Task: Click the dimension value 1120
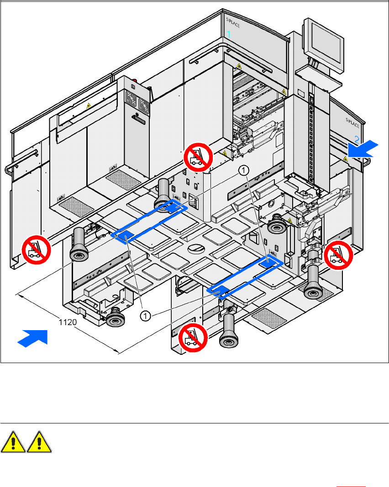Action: tap(68, 322)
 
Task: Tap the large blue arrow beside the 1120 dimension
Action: tap(33, 339)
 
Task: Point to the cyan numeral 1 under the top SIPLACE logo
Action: tap(229, 34)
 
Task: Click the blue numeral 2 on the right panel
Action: tap(357, 139)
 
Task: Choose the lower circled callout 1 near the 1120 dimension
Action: tap(145, 315)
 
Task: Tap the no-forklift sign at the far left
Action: tap(37, 249)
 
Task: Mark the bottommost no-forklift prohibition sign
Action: tap(193, 338)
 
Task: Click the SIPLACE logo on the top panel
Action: tap(233, 22)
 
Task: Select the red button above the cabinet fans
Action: tap(133, 86)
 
